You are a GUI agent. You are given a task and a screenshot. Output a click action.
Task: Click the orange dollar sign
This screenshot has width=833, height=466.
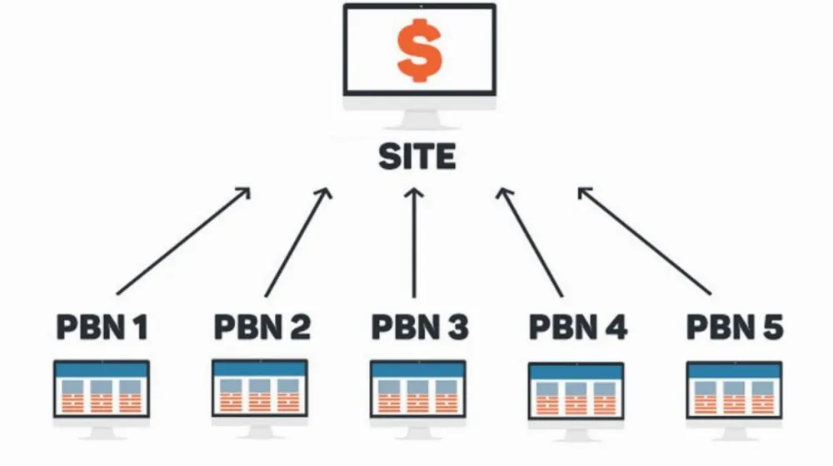[x=420, y=51]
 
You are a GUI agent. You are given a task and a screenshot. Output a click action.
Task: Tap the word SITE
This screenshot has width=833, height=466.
[x=417, y=156]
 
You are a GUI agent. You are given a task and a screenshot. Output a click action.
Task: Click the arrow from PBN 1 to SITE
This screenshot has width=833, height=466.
[x=183, y=240]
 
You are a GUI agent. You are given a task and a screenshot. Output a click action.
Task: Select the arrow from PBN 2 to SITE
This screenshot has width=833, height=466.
[x=298, y=242]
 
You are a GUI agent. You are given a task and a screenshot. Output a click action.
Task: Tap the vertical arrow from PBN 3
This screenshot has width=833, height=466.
[x=414, y=242]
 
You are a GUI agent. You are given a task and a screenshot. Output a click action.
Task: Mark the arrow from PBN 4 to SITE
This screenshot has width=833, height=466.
[x=530, y=242]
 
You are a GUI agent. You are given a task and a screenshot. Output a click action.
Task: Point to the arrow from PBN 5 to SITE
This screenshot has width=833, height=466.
[x=645, y=240]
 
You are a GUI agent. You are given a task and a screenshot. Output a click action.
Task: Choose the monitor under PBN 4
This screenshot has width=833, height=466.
[x=576, y=402]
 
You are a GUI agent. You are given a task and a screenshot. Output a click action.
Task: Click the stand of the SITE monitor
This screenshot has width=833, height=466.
[x=420, y=119]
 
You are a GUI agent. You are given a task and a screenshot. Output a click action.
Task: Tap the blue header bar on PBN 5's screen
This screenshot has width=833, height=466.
[x=734, y=371]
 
